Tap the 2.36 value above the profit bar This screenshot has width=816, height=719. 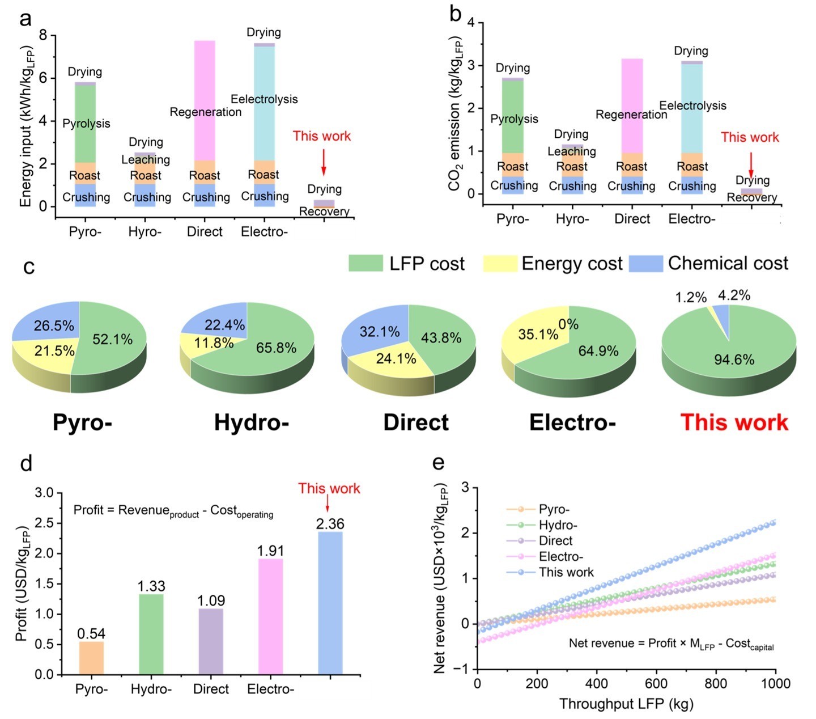click(x=330, y=524)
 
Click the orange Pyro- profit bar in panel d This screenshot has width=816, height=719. click(x=91, y=658)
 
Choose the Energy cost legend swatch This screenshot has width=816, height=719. click(x=500, y=264)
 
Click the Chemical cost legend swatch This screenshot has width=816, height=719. click(x=646, y=264)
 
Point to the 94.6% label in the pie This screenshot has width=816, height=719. click(x=734, y=359)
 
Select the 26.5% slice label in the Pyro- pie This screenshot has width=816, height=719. click(x=54, y=326)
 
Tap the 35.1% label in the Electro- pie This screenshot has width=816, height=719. click(x=538, y=335)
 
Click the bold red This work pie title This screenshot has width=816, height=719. click(x=734, y=422)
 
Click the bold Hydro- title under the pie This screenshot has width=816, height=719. click(x=252, y=422)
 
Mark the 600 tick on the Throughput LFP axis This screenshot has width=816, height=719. click(x=656, y=683)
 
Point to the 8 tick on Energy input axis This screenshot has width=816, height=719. click(x=43, y=36)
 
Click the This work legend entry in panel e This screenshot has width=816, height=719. click(x=566, y=572)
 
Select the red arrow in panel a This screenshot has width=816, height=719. click(x=324, y=162)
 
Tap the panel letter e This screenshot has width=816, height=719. click(x=438, y=463)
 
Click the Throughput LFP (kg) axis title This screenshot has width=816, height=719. click(x=626, y=704)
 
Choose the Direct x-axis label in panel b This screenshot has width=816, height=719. click(x=632, y=219)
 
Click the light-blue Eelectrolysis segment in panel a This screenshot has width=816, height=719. click(x=264, y=130)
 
